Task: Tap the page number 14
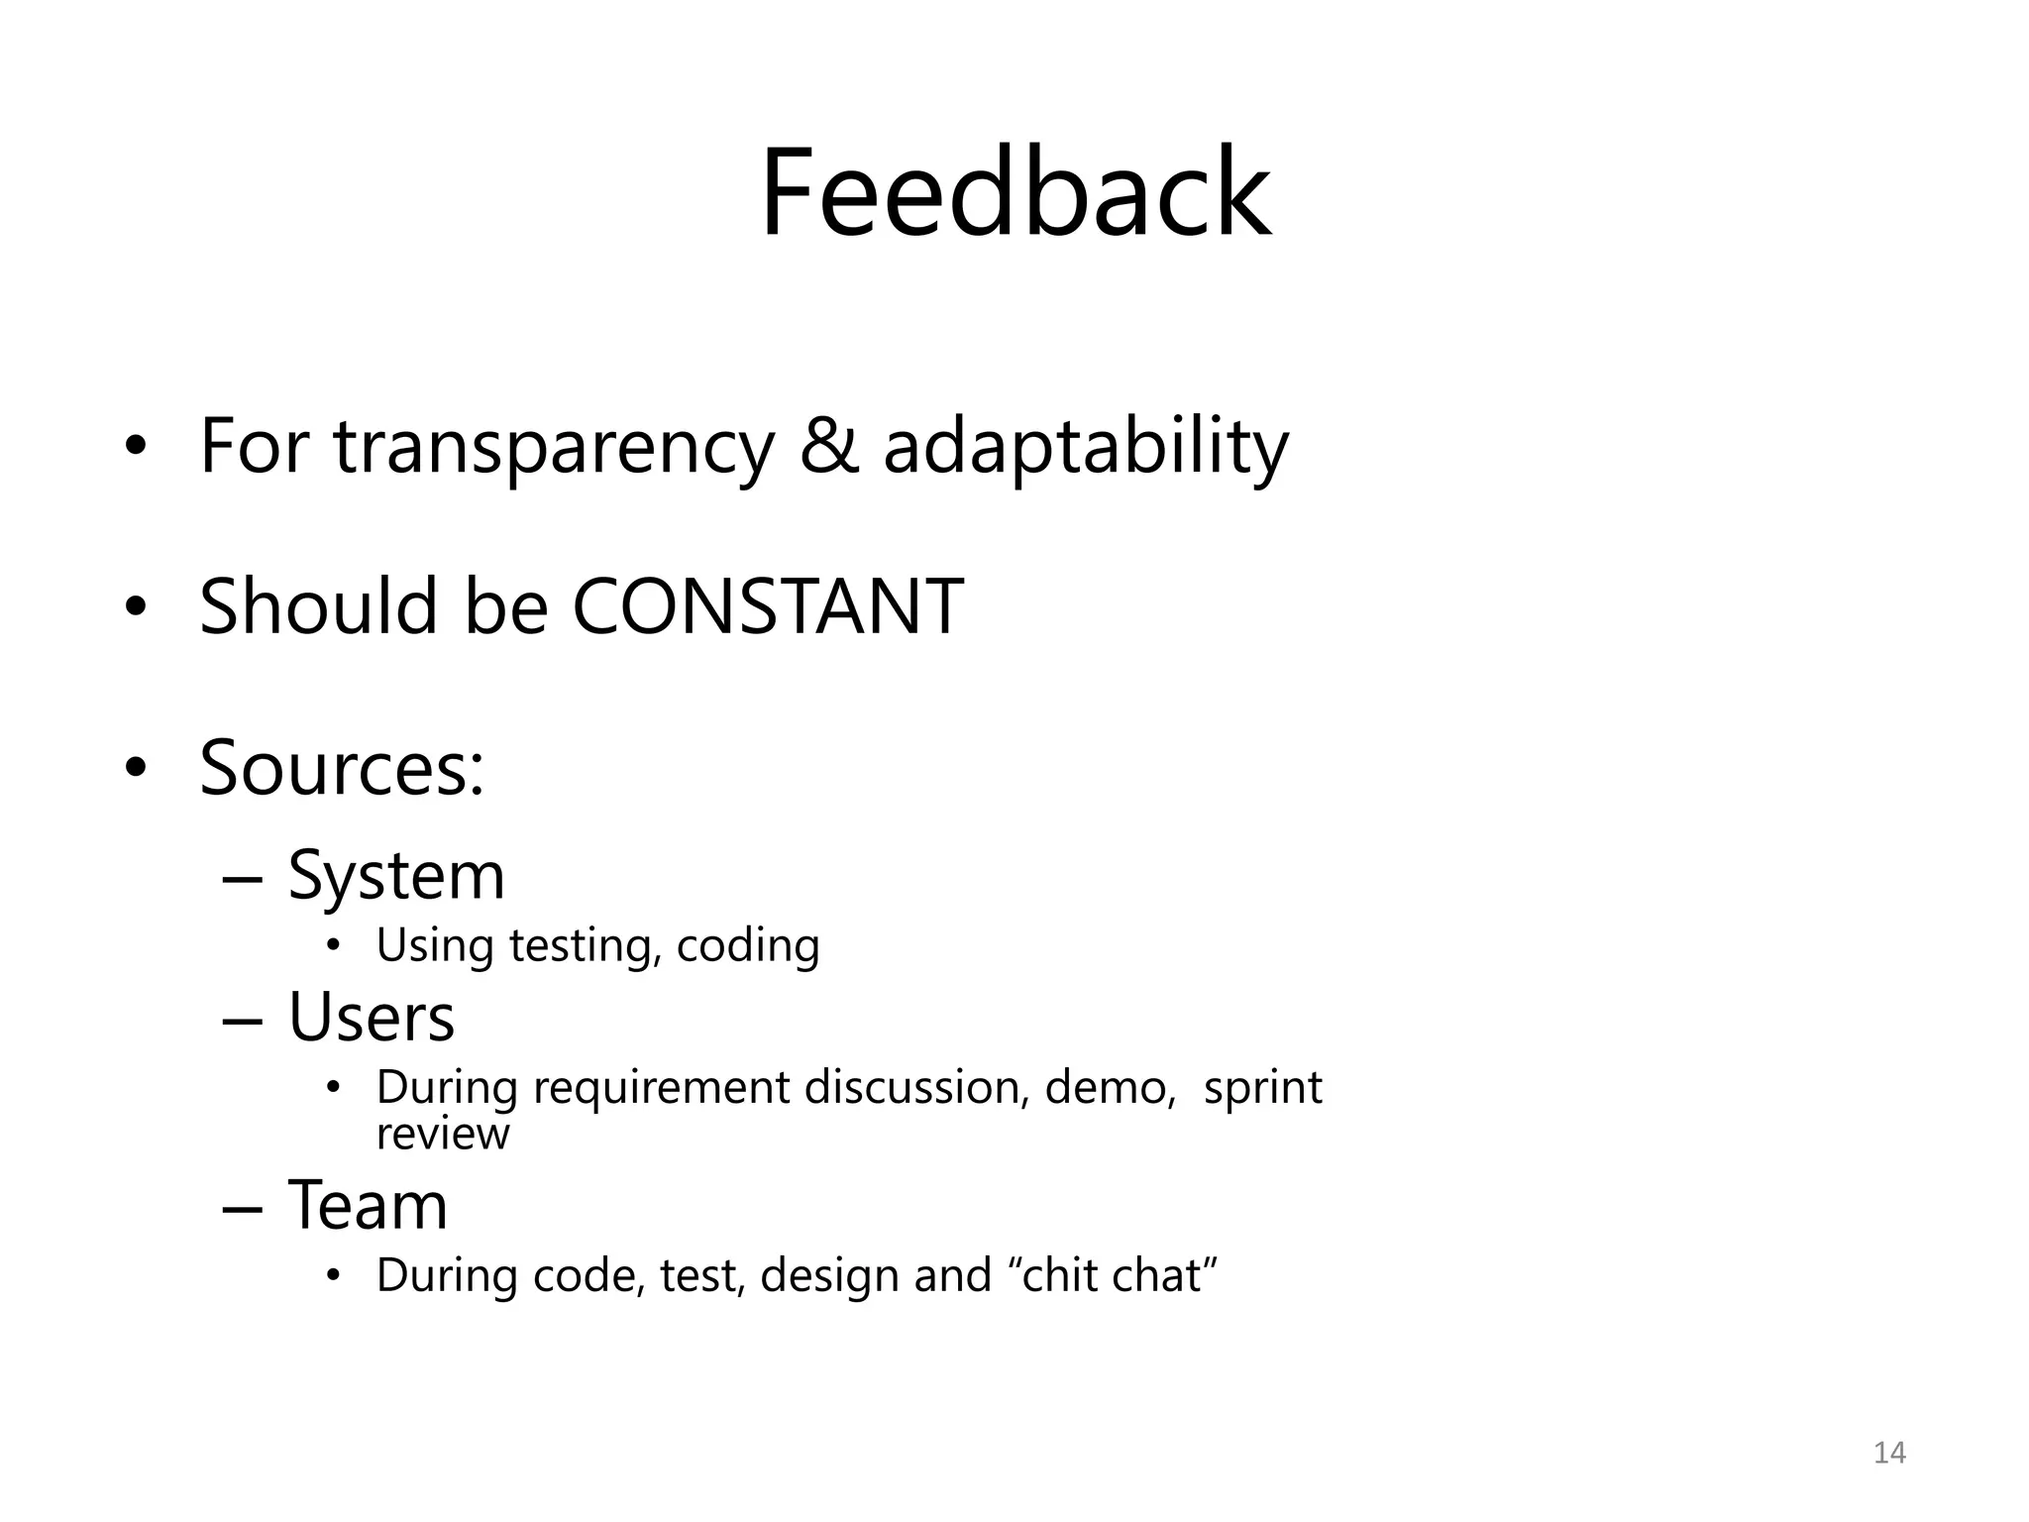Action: (1889, 1453)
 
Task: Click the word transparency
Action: (554, 448)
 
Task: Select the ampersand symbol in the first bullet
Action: (828, 446)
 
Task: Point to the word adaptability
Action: (1086, 448)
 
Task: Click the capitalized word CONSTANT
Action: (768, 606)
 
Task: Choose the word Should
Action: (318, 606)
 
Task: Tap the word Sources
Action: (342, 768)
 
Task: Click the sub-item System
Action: (396, 876)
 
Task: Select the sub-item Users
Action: (372, 1018)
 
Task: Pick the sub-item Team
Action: (368, 1206)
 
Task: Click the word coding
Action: (748, 946)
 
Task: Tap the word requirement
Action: (662, 1089)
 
